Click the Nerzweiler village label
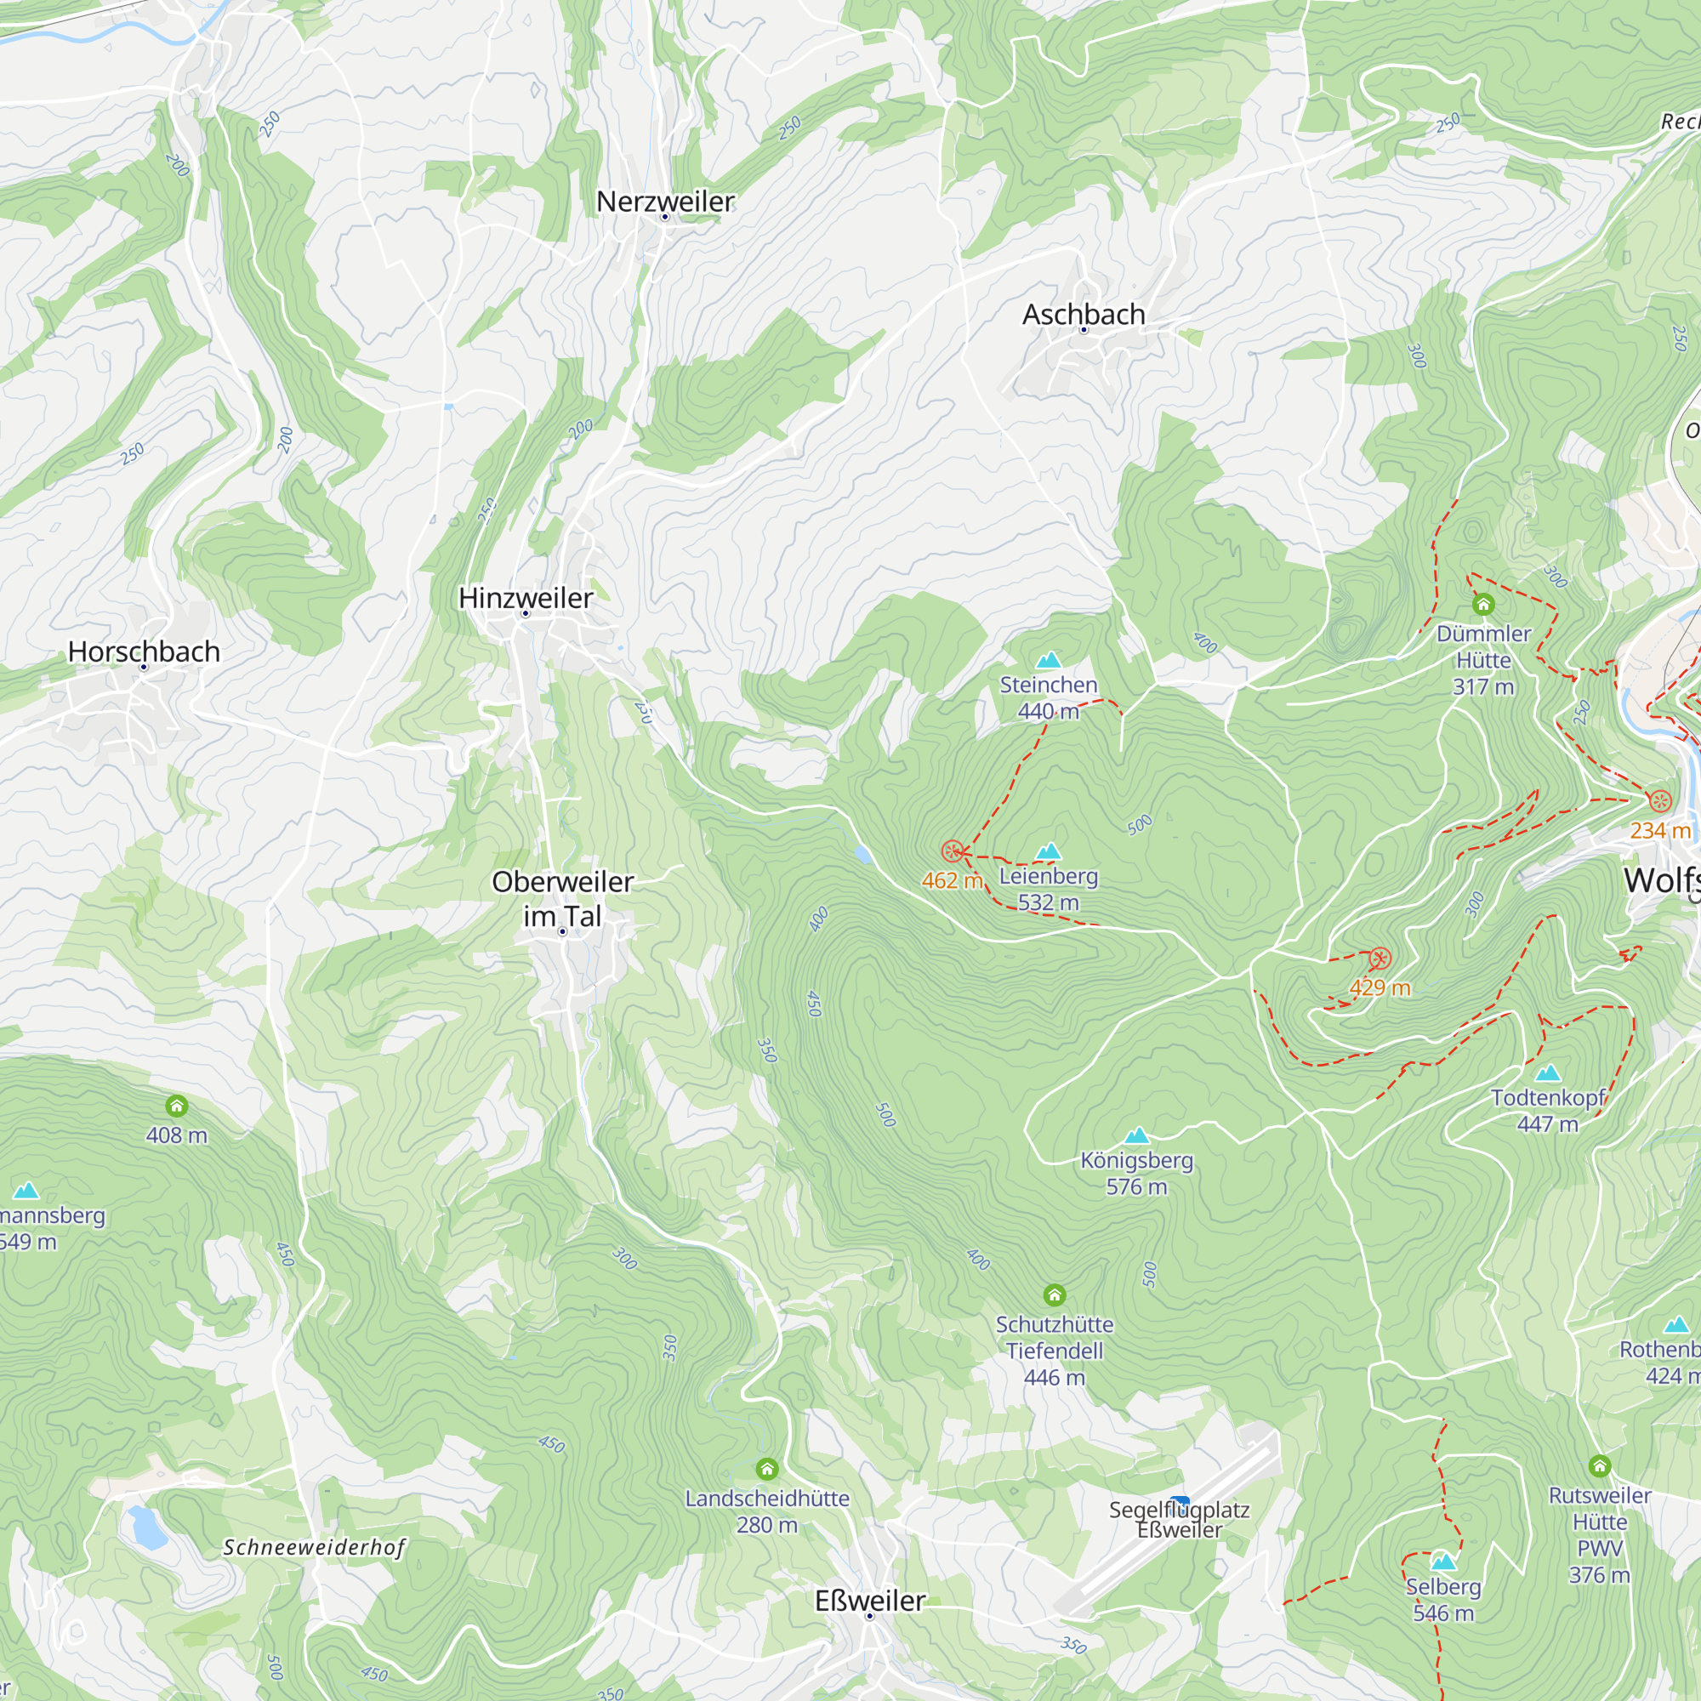pyautogui.click(x=665, y=202)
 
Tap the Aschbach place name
pyautogui.click(x=1083, y=315)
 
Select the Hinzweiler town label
pyautogui.click(x=526, y=598)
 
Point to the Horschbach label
pyautogui.click(x=144, y=651)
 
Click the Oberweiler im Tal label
pyautogui.click(x=562, y=898)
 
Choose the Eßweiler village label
pyautogui.click(x=870, y=1600)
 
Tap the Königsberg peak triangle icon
pyautogui.click(x=1136, y=1135)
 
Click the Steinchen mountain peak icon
pyautogui.click(x=1048, y=660)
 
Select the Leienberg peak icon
pyautogui.click(x=1048, y=851)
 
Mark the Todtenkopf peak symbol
pyautogui.click(x=1548, y=1073)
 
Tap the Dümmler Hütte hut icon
pyautogui.click(x=1483, y=604)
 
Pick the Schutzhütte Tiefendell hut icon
pyautogui.click(x=1055, y=1295)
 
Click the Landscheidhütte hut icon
pyautogui.click(x=767, y=1469)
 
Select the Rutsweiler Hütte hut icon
pyautogui.click(x=1600, y=1466)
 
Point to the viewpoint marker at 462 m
pyautogui.click(x=952, y=851)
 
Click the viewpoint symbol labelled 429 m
pyautogui.click(x=1380, y=959)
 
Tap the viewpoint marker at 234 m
pyautogui.click(x=1659, y=801)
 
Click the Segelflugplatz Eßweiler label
pyautogui.click(x=1179, y=1520)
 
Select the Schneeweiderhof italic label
pyautogui.click(x=315, y=1547)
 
